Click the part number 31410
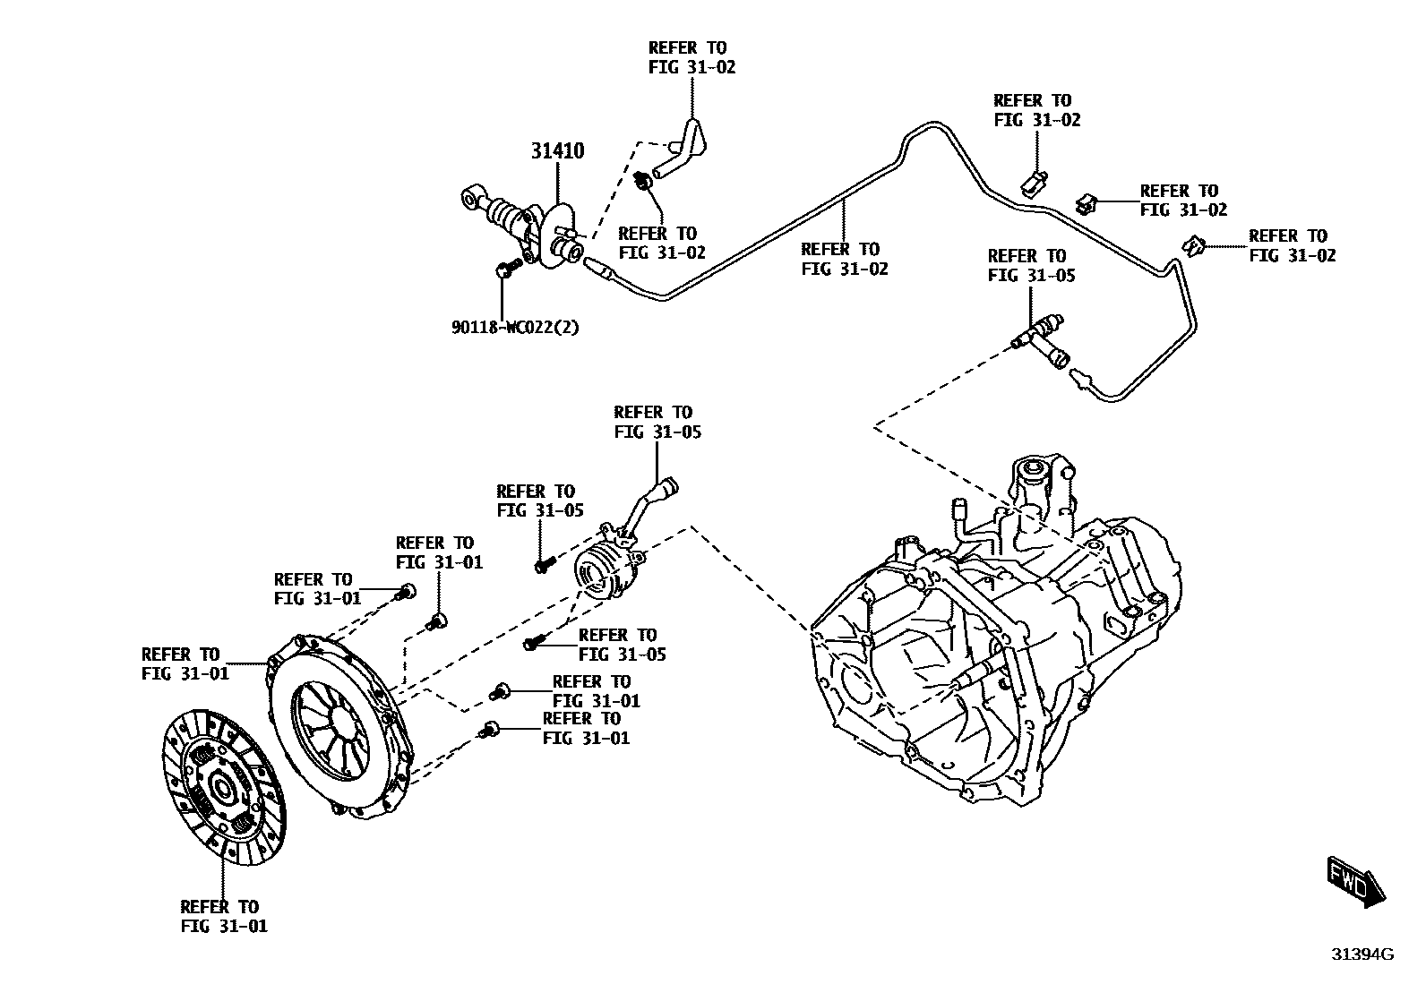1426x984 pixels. [x=556, y=151]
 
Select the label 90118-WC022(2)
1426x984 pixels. [x=515, y=327]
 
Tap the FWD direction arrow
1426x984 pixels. [x=1355, y=883]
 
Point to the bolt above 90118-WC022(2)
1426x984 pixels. [x=507, y=268]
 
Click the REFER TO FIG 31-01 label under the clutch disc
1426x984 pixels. [x=223, y=916]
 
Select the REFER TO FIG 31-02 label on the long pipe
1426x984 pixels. [x=844, y=259]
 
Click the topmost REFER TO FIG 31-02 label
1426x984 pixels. [x=692, y=57]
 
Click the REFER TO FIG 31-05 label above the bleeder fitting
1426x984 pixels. [x=1031, y=266]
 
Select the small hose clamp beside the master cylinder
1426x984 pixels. [x=643, y=183]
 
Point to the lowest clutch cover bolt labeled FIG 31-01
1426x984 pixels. [x=491, y=730]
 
